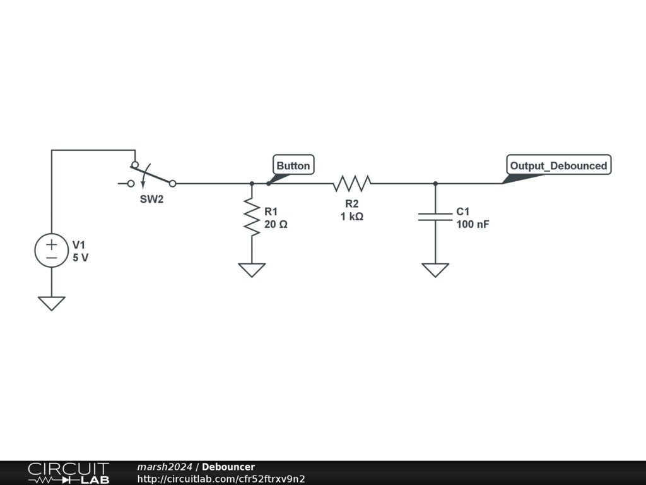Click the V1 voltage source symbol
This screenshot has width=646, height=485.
51,250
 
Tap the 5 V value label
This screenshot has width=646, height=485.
80,258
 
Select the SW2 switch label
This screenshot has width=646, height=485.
151,199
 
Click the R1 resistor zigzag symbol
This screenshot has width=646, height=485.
252,217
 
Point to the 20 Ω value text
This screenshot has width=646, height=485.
276,224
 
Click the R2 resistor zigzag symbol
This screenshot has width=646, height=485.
352,184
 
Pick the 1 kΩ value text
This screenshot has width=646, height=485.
351,216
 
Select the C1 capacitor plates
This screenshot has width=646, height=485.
435,217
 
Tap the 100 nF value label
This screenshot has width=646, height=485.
473,224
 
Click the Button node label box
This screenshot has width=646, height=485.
293,165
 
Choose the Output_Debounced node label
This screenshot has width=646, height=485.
558,165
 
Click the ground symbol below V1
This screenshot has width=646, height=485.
51,303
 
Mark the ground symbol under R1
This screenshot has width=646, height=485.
252,270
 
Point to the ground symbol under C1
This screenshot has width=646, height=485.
435,270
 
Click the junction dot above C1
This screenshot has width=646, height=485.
435,184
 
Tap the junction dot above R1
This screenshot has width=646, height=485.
252,184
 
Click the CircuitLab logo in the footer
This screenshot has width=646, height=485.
68,473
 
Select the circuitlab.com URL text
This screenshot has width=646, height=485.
221,479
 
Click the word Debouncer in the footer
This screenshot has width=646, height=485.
228,467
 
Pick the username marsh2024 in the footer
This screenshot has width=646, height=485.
165,467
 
